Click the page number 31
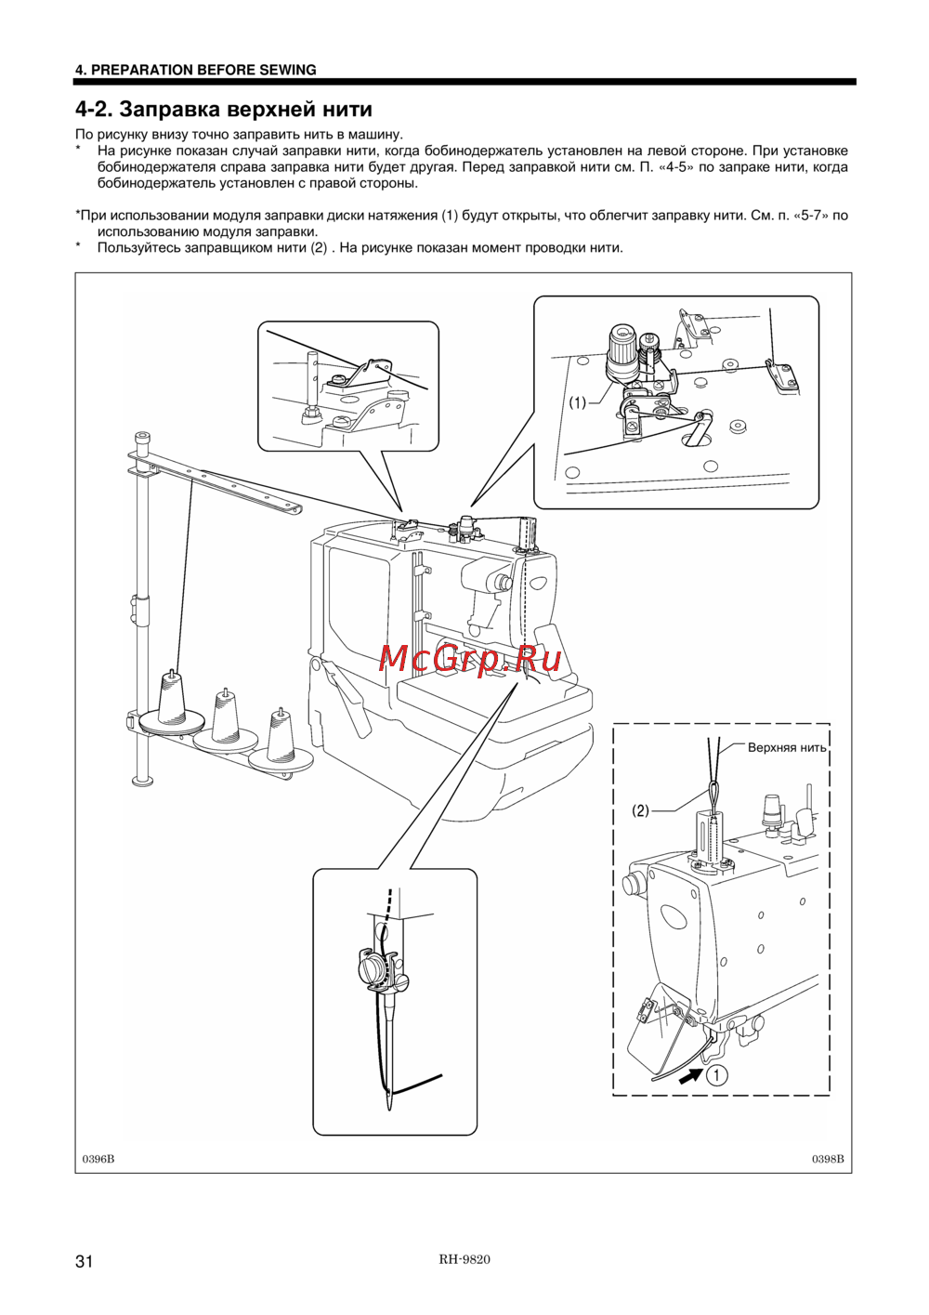pyautogui.click(x=84, y=1261)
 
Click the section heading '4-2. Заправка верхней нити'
pyautogui.click(x=224, y=109)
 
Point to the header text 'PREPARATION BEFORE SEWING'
pyautogui.click(x=204, y=70)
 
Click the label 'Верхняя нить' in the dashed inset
pyautogui.click(x=787, y=747)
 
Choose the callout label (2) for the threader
pyautogui.click(x=640, y=810)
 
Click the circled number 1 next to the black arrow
pyautogui.click(x=717, y=1076)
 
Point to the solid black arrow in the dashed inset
pyautogui.click(x=690, y=1077)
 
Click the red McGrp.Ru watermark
pyautogui.click(x=469, y=659)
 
